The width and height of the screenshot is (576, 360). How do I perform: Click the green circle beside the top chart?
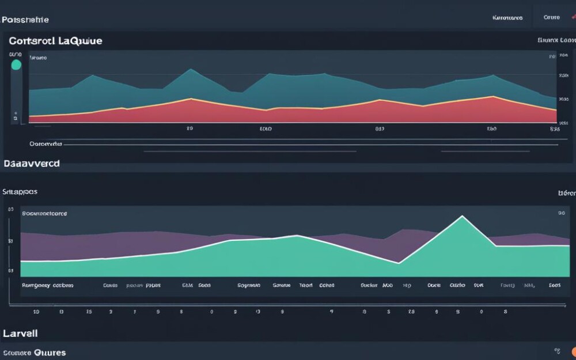(x=16, y=65)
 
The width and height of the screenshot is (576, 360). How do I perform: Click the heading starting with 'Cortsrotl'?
(x=55, y=41)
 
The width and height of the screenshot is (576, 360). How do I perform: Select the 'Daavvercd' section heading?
(x=31, y=164)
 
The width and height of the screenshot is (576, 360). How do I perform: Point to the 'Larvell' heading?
(x=20, y=334)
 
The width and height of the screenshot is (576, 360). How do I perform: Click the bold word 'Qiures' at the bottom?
(x=50, y=352)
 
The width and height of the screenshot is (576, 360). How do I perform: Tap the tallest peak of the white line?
(x=462, y=217)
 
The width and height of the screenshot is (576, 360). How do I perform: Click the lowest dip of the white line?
(x=399, y=263)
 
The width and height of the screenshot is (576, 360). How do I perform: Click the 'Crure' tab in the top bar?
(x=551, y=17)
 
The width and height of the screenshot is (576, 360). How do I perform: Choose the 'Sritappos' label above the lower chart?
(x=20, y=191)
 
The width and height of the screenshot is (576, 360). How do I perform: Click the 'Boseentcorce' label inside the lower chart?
(x=44, y=213)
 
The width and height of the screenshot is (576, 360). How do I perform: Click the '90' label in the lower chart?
(x=561, y=213)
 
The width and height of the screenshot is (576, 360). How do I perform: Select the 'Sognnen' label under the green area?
(x=249, y=285)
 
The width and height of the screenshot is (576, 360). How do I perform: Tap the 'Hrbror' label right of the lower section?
(x=567, y=194)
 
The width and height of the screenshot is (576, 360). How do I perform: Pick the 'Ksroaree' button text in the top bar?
(x=507, y=18)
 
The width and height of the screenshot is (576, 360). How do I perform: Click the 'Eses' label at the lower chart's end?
(x=555, y=285)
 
